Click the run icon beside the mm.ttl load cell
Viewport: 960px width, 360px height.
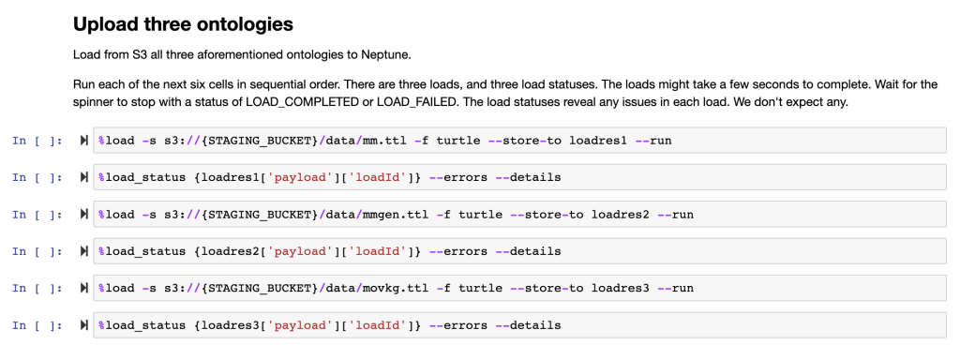click(84, 141)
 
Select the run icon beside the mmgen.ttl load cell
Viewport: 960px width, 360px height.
click(84, 215)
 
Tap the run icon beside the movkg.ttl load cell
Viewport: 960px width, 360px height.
click(84, 288)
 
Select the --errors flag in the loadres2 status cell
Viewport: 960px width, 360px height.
click(457, 251)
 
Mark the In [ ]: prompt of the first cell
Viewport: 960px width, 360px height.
click(37, 141)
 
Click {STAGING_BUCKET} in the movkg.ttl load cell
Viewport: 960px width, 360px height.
click(264, 288)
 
